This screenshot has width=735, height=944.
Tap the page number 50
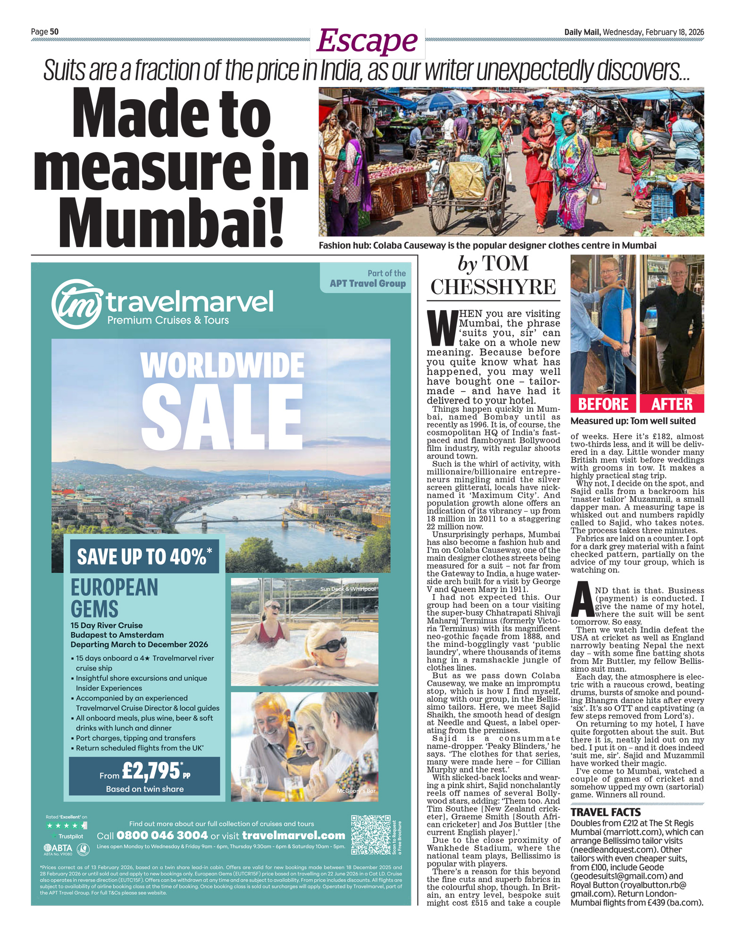54,32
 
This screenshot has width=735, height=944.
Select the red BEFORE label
603,404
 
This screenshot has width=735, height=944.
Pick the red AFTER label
671,404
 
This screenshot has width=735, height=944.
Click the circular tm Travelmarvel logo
76,304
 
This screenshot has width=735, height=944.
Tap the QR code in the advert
371,834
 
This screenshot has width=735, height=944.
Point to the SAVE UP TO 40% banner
144,556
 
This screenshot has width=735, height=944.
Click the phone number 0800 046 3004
162,835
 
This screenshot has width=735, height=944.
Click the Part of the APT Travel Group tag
367,278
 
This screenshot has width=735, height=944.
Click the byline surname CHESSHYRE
493,287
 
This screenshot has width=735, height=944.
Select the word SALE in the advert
221,416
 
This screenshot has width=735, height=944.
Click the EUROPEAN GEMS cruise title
115,598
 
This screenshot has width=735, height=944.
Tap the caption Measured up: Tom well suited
633,421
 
